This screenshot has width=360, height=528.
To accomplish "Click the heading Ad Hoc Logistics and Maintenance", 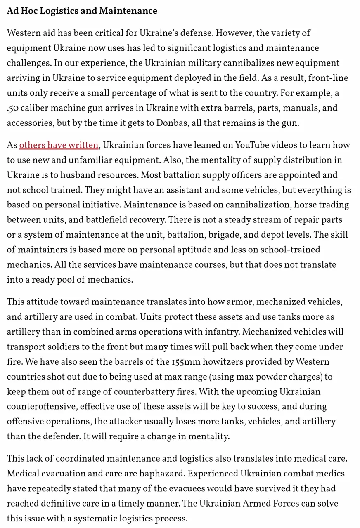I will point(82,11).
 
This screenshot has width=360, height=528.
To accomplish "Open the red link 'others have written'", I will point(59,145).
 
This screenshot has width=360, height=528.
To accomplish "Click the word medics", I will point(330,474).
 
